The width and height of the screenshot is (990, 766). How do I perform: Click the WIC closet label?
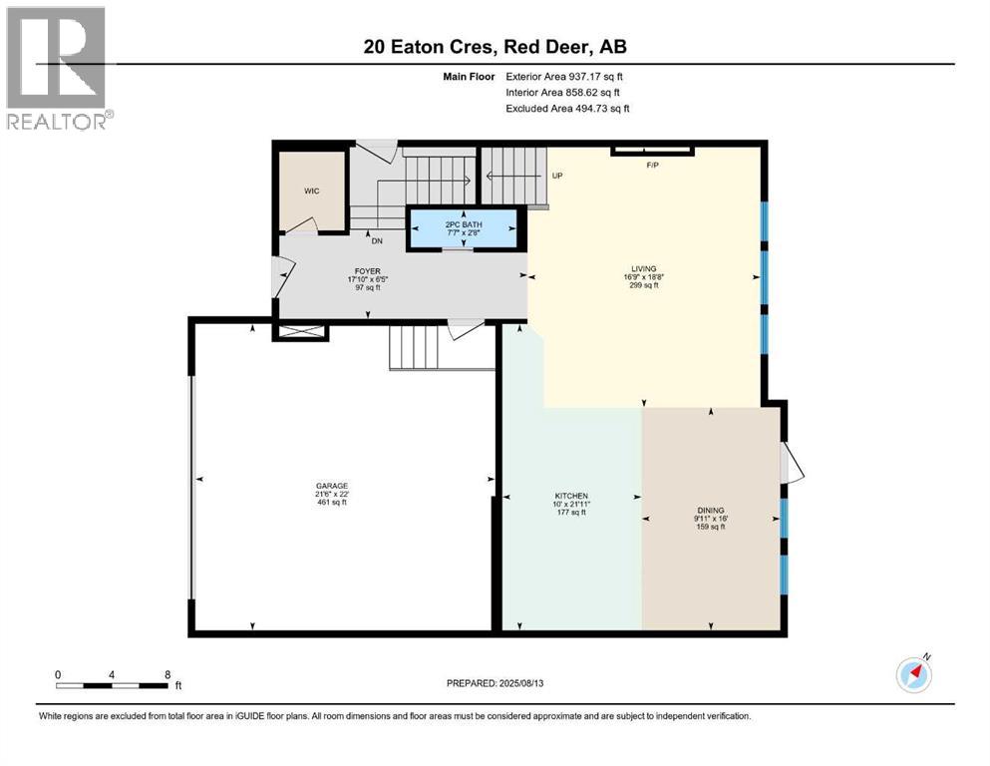point(312,190)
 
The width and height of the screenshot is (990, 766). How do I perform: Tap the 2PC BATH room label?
point(464,225)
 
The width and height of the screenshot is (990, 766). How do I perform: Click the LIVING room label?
point(643,268)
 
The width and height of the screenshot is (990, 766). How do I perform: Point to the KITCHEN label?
point(571,496)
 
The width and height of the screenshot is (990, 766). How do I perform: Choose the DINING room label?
point(710,510)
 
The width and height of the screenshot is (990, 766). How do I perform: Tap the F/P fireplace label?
point(652,166)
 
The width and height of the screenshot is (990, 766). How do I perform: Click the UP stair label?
point(558,176)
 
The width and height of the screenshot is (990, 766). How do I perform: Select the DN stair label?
point(377,240)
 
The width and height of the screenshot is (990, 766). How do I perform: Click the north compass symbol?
point(914,674)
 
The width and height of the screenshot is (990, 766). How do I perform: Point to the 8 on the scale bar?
point(166,674)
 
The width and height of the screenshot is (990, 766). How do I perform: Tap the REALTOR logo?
point(57,68)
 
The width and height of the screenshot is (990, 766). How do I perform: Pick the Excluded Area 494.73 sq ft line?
point(567,108)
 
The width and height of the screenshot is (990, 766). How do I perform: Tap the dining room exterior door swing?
point(793,462)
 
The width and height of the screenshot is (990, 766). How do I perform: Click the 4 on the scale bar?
point(112,674)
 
